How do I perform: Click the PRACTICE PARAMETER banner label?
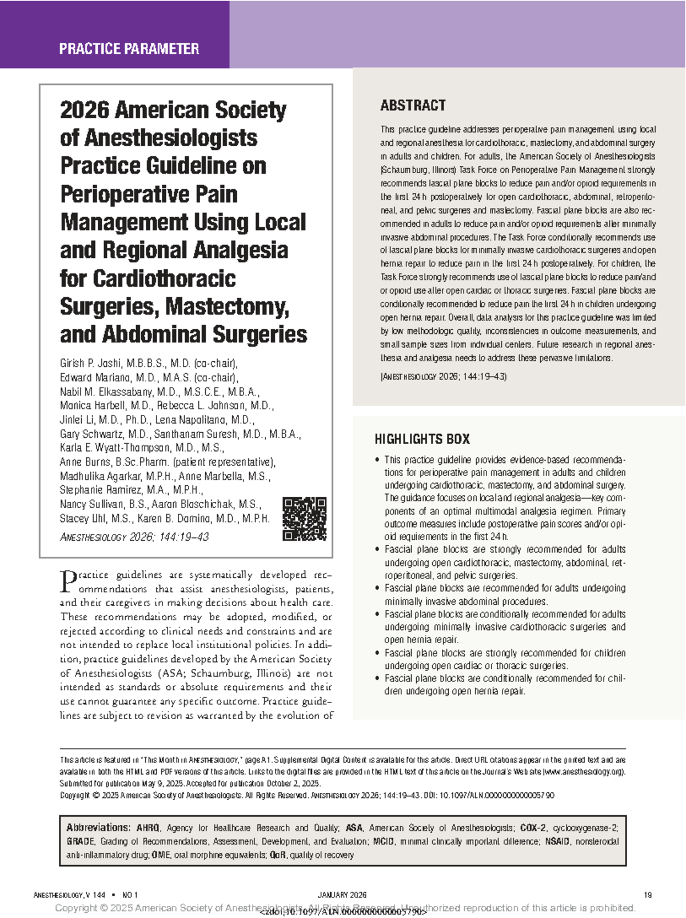129,49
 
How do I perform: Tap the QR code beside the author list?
305,519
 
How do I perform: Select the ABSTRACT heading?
413,105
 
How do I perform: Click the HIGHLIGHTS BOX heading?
422,439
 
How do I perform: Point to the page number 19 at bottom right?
647,895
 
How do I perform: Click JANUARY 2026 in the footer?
342,895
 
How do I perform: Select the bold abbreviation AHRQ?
148,828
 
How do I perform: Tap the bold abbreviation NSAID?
557,841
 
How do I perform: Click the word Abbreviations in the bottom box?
98,828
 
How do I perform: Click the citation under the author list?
134,537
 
